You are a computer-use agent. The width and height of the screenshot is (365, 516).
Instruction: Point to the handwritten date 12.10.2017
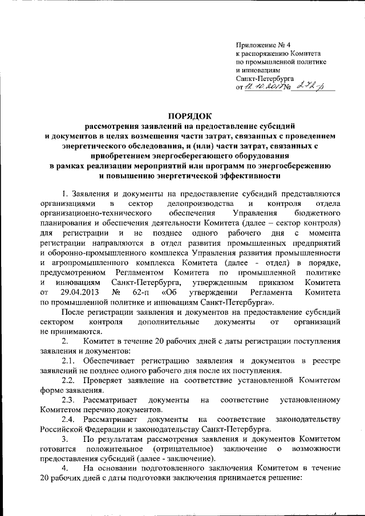260,86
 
